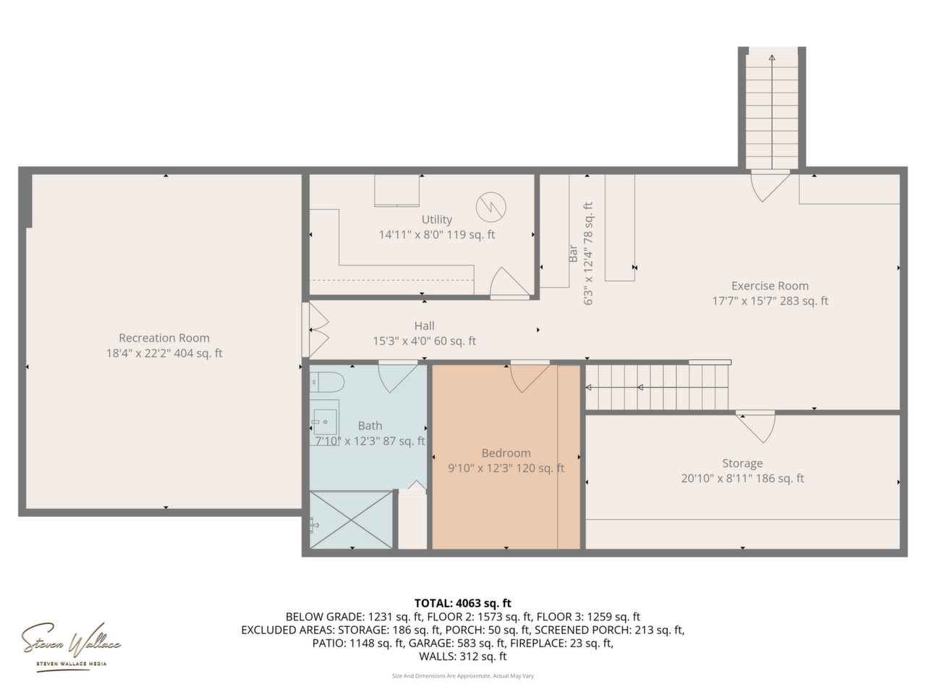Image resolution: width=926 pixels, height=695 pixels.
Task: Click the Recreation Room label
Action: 164,338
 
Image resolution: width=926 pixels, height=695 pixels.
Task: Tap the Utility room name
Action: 437,220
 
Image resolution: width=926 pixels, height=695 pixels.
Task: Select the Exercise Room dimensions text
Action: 770,301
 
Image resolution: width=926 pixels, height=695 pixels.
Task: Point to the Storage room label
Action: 742,463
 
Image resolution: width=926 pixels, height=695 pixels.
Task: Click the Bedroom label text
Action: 506,452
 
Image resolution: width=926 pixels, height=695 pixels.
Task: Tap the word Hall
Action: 424,326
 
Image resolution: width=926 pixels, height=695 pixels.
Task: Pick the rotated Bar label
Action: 573,253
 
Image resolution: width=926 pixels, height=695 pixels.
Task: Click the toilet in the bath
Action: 327,382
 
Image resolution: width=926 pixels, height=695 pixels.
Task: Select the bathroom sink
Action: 324,421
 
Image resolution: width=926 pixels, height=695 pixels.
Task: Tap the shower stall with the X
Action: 351,520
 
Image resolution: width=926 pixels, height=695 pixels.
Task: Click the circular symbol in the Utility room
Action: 491,207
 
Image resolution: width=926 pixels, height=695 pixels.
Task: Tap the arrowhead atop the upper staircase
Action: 772,58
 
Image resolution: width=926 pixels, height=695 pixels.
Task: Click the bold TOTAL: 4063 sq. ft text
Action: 463,603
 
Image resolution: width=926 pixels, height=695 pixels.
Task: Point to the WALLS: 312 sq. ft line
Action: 463,657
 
